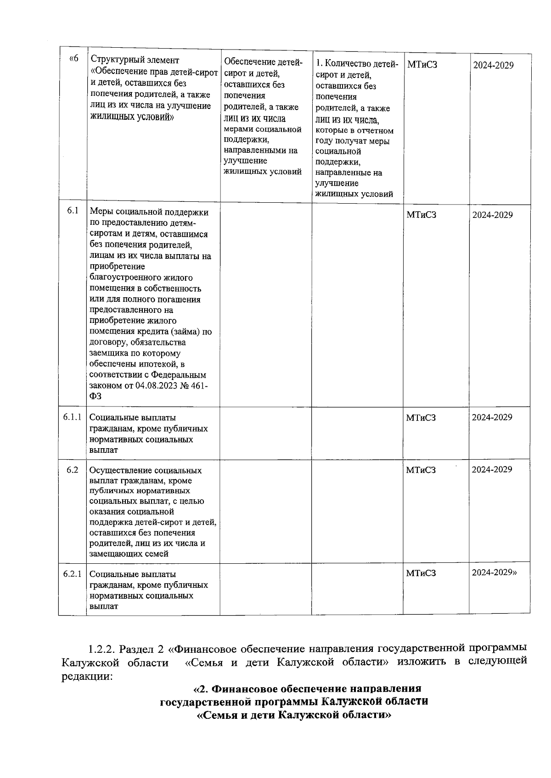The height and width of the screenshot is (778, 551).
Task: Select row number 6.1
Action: tap(73, 211)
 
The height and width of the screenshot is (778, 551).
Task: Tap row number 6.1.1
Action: tap(72, 417)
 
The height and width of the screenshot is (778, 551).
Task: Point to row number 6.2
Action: tap(72, 469)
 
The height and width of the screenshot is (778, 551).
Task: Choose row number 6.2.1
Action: tap(72, 573)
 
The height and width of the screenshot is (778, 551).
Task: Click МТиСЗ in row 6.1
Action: tap(421, 215)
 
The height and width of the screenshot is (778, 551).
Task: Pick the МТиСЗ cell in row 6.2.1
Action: tap(421, 573)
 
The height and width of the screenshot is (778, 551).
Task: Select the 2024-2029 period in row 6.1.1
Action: tap(492, 417)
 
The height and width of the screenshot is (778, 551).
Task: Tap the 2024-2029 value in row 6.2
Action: tap(492, 469)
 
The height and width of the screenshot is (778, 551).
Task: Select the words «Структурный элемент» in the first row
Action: tap(135, 60)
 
